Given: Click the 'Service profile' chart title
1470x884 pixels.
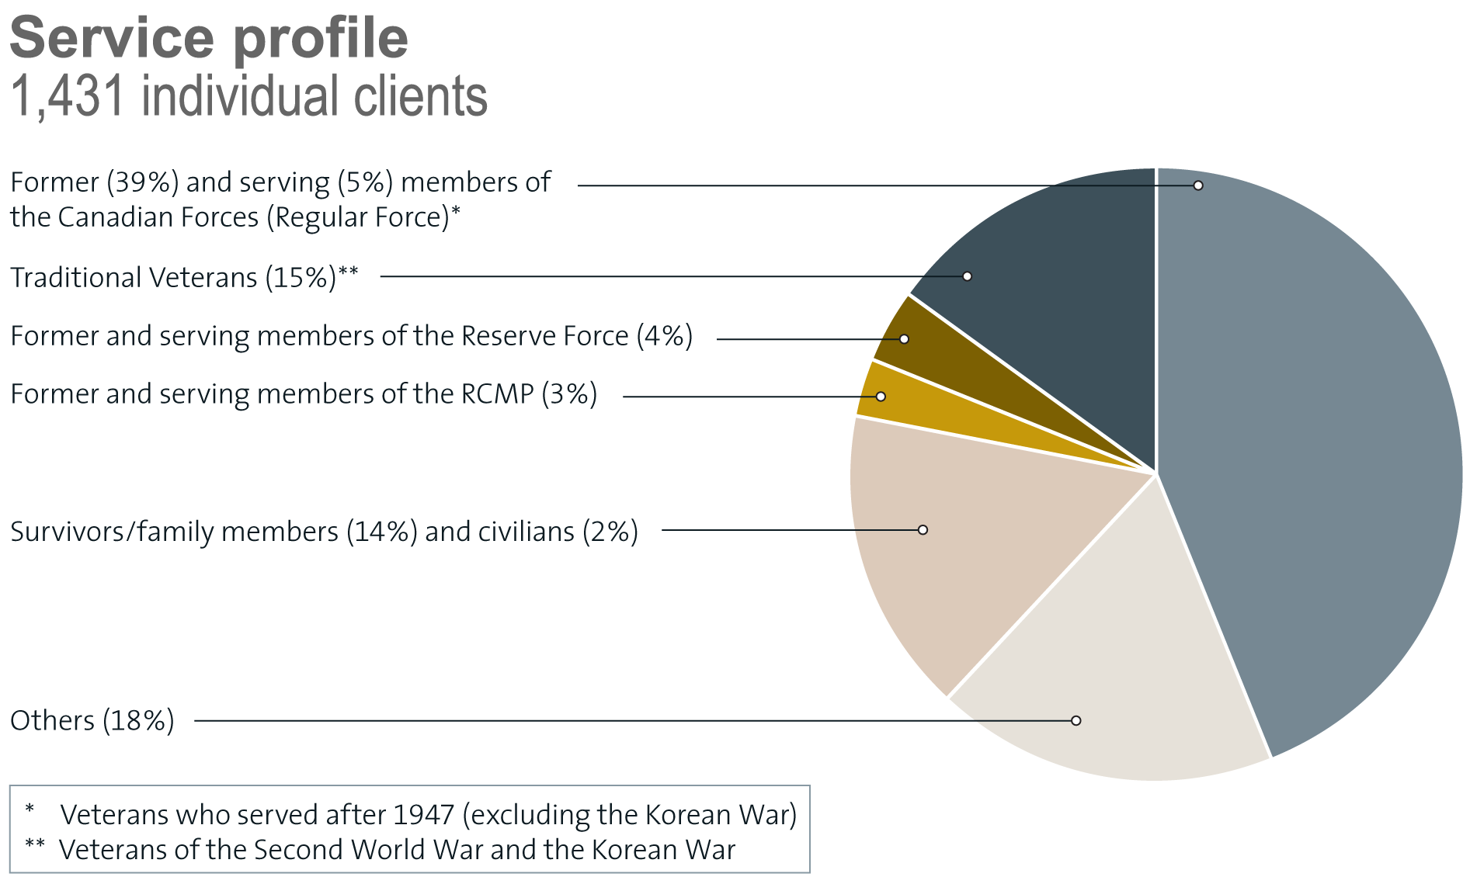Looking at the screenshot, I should [x=208, y=39].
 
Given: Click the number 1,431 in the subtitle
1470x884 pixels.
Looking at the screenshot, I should [x=67, y=97].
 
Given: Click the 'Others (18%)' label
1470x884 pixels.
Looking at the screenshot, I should [x=92, y=721].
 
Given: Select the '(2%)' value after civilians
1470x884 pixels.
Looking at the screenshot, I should [x=610, y=532].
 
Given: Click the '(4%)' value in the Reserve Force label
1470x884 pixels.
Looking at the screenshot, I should [x=665, y=336].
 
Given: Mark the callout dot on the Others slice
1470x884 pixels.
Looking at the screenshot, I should [x=1076, y=720].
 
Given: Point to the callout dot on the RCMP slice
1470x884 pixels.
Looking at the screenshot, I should [x=881, y=397].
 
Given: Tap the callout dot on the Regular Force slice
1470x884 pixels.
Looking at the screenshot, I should [x=1198, y=185].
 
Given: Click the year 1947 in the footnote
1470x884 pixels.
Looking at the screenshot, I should [x=423, y=815].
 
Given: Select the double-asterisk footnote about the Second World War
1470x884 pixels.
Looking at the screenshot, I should [x=396, y=850].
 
